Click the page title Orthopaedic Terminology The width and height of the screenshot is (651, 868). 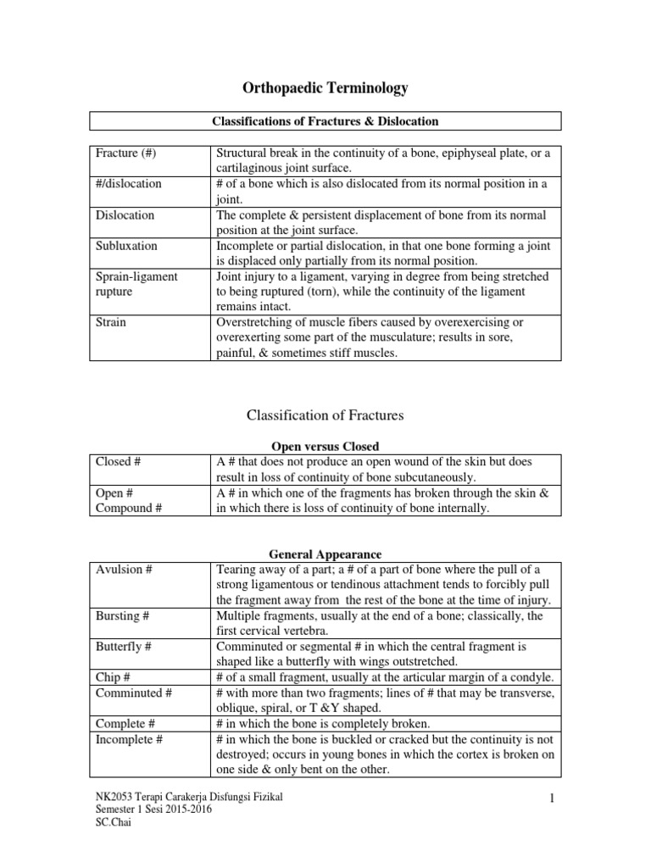[325, 87]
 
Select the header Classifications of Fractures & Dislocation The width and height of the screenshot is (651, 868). [325, 121]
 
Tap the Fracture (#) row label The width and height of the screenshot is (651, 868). [126, 153]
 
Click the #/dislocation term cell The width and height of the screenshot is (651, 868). [129, 184]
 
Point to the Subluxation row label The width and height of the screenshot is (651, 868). [126, 246]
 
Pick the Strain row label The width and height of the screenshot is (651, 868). [113, 323]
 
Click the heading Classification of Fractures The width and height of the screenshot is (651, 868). [325, 415]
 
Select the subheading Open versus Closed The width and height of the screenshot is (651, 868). [325, 446]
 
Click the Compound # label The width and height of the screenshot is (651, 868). [130, 509]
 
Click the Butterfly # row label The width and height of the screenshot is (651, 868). [124, 647]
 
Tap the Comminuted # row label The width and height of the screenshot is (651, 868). [134, 693]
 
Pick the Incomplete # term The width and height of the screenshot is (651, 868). [131, 739]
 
